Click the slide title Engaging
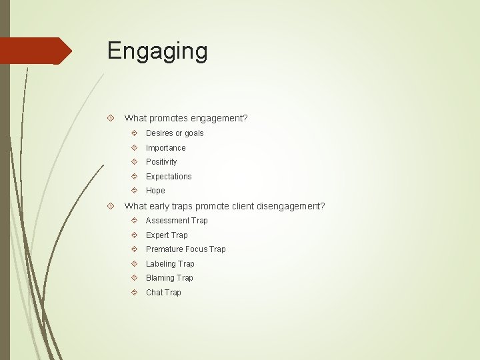click(x=157, y=51)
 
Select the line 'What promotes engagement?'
click(x=186, y=118)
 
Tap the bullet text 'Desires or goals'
click(x=175, y=133)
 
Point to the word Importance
click(x=166, y=148)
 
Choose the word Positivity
click(x=161, y=162)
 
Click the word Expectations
click(x=169, y=177)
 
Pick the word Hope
click(x=155, y=191)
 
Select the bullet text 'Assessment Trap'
click(x=177, y=221)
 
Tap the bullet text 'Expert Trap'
click(x=167, y=235)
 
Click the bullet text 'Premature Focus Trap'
click(x=186, y=249)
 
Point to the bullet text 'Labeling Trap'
click(x=170, y=264)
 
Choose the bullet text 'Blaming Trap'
click(x=169, y=278)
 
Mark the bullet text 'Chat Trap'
click(x=163, y=293)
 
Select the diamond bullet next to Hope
click(x=135, y=191)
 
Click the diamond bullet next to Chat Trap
click(x=135, y=293)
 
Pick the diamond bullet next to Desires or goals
click(x=135, y=133)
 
